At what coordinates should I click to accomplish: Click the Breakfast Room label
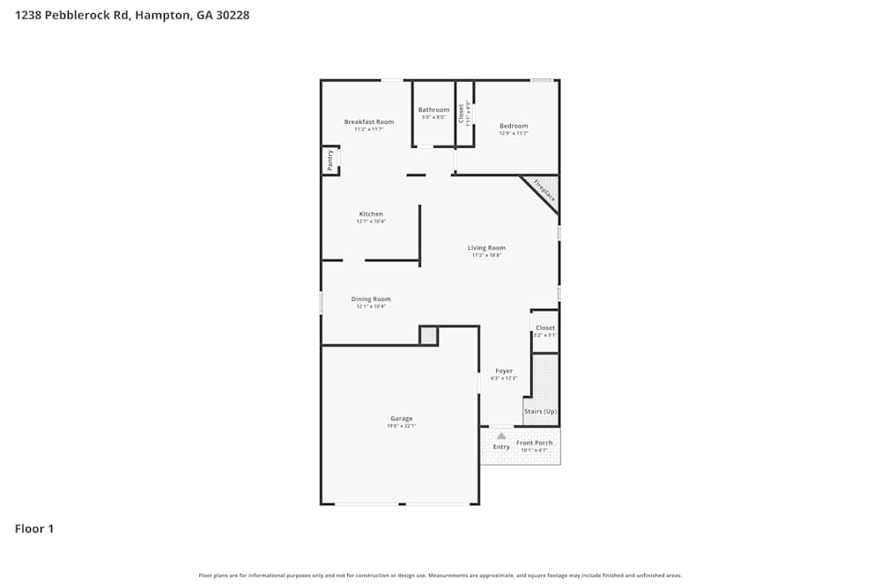pos(369,121)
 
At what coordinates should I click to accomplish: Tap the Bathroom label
pos(433,110)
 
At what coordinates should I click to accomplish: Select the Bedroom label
pos(514,126)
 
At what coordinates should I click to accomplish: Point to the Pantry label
pos(329,160)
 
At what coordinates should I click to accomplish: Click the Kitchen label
pos(371,214)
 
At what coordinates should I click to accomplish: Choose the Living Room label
pos(486,248)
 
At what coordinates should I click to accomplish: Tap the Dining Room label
pos(371,299)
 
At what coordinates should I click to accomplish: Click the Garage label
pos(402,418)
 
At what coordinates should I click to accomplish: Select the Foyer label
pos(504,371)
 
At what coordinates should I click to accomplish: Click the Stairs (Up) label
pos(540,411)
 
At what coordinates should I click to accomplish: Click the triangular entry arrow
pos(501,436)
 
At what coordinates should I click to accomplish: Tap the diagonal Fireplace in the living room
pos(540,193)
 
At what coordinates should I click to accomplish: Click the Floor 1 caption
pos(34,529)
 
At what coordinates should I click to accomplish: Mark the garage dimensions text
pos(402,426)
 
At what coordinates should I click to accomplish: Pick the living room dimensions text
pos(486,255)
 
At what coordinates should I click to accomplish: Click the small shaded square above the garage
pos(428,335)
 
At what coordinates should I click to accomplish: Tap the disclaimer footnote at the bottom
pos(440,576)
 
